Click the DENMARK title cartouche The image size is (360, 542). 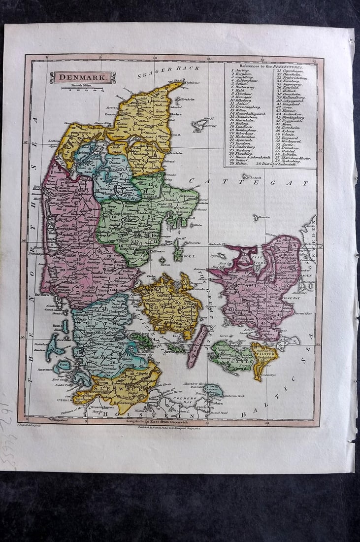click(82, 77)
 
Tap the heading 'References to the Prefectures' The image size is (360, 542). click(271, 66)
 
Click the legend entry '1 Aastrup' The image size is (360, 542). click(242, 71)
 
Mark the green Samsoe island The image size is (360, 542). click(178, 250)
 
